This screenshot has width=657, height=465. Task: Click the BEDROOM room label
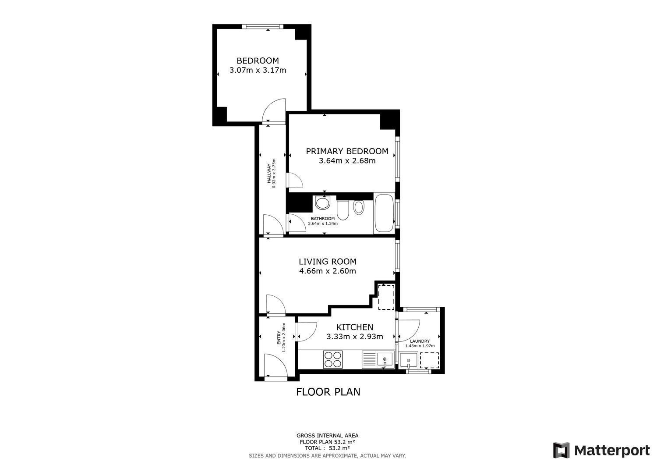click(x=258, y=61)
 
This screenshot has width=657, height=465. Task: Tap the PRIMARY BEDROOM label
click(x=347, y=151)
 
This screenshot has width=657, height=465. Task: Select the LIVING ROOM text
click(x=328, y=262)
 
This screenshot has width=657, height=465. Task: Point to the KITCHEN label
click(x=355, y=327)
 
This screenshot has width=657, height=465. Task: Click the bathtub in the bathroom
click(x=384, y=213)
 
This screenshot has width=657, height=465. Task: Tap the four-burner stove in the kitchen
click(x=333, y=359)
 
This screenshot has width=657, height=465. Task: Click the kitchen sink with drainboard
click(x=378, y=359)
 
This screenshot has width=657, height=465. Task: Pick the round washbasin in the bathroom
click(x=323, y=203)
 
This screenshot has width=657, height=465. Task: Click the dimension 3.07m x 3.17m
click(x=258, y=70)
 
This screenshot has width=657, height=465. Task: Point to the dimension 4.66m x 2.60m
click(x=328, y=271)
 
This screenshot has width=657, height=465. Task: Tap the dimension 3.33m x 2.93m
click(x=355, y=337)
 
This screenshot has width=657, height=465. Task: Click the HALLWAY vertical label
click(x=269, y=173)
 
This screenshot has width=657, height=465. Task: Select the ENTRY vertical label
click(x=279, y=337)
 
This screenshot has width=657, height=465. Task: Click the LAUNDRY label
click(x=420, y=341)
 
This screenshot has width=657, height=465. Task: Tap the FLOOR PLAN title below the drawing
click(x=328, y=392)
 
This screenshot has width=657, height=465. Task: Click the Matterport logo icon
click(x=561, y=450)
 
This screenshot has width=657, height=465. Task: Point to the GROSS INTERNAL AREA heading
click(x=327, y=436)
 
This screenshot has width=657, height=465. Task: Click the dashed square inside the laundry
click(x=429, y=360)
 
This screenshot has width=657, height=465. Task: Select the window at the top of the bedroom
click(x=263, y=26)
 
